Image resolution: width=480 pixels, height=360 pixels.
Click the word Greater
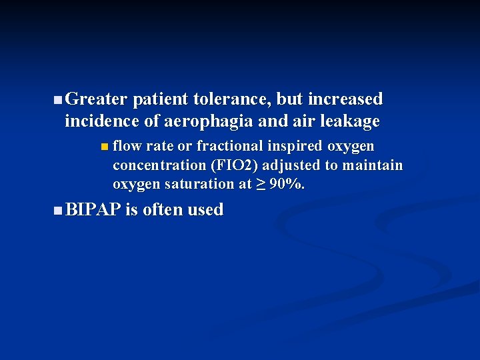tap(97, 100)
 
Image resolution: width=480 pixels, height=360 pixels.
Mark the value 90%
tap(286, 185)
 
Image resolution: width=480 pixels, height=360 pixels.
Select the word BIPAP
tap(93, 211)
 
